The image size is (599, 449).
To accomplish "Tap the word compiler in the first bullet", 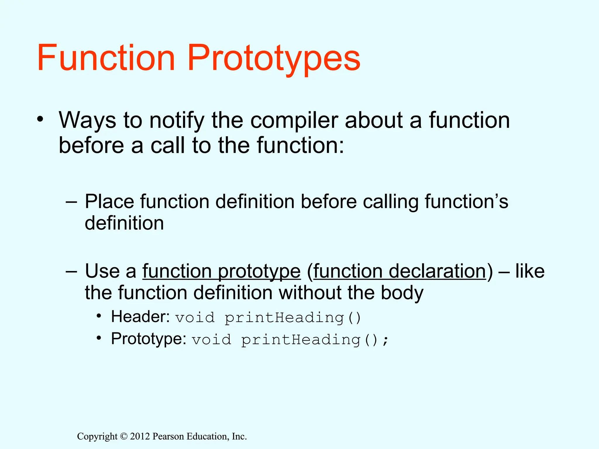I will point(294,120).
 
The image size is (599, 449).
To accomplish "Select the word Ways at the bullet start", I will point(87,120).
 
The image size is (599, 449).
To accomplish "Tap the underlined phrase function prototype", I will point(221,271).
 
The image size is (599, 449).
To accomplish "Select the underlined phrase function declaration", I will point(400,271).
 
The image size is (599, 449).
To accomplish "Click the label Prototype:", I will point(149,339).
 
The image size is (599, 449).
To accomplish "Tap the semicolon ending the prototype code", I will point(386,340).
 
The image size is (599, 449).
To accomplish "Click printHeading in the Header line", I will point(284,318).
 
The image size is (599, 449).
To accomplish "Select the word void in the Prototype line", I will point(211,340).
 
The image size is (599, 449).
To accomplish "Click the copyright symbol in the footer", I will point(124,436).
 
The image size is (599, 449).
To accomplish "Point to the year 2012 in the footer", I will point(140,436).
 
